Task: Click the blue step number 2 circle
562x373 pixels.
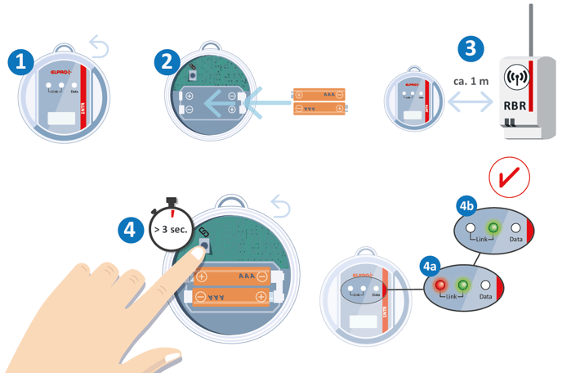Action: pos(167,61)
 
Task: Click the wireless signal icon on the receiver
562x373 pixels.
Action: pos(517,79)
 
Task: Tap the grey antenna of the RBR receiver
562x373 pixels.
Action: pos(532,33)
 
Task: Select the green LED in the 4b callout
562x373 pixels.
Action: pos(493,227)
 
